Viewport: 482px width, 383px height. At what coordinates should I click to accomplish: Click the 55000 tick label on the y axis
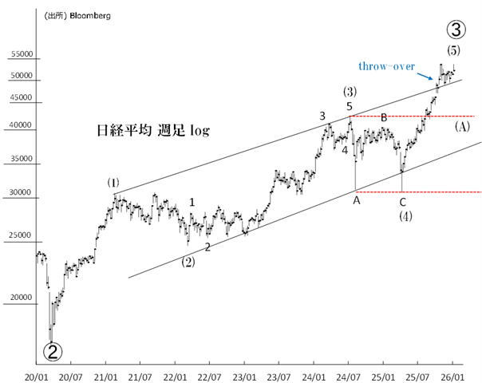click(21, 55)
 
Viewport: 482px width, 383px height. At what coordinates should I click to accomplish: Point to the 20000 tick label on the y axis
click(21, 298)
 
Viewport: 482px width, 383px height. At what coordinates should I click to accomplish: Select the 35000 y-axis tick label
click(21, 160)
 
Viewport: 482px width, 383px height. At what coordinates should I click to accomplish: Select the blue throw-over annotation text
click(386, 67)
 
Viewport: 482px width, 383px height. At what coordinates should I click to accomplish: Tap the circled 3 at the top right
click(453, 30)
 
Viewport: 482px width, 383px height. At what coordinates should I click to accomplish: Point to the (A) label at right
click(462, 126)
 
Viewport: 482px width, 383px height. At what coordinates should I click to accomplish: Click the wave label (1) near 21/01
click(113, 183)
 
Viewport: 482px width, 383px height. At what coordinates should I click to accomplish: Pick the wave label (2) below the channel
click(188, 261)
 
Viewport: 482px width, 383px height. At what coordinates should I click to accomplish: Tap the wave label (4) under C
click(405, 216)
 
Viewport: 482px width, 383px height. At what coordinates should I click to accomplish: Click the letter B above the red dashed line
click(384, 118)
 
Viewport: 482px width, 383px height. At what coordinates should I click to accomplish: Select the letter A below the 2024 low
click(356, 201)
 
